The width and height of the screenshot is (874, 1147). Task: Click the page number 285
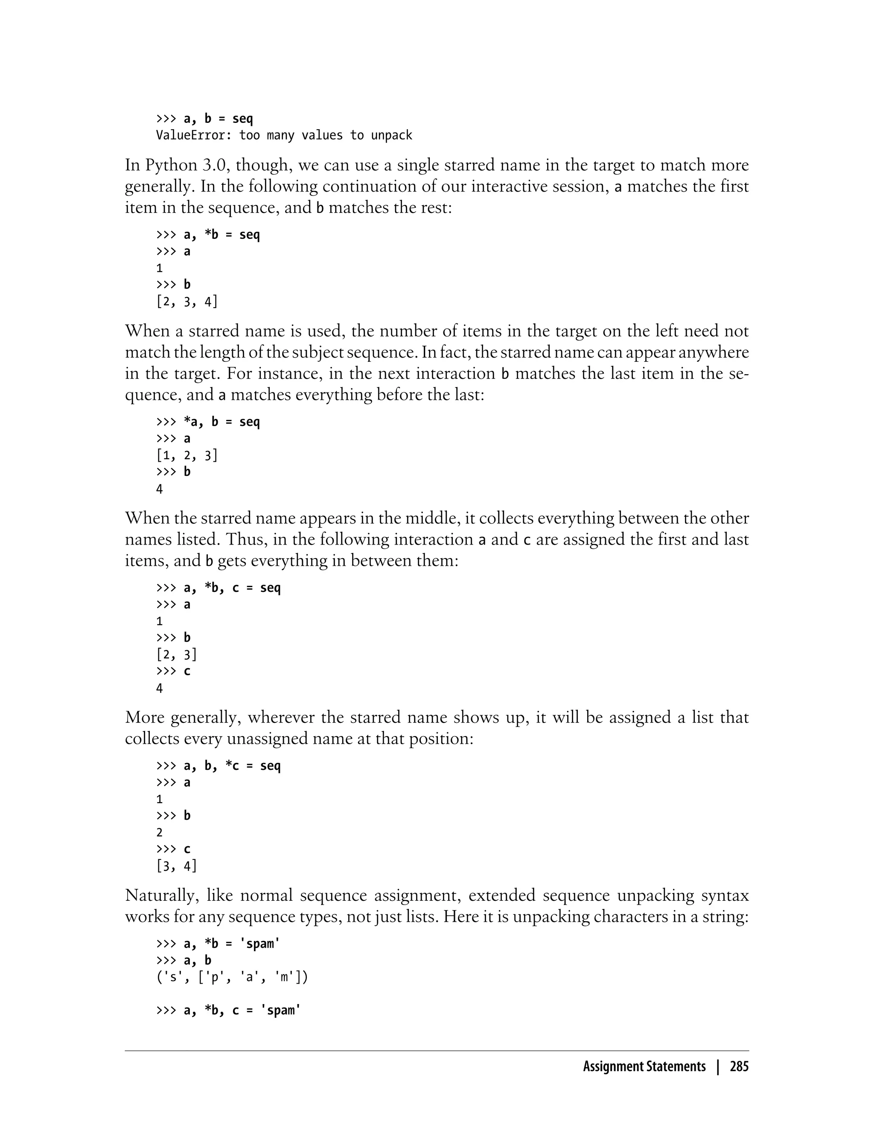(x=739, y=1066)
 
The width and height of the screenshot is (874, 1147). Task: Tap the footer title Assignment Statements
(x=644, y=1066)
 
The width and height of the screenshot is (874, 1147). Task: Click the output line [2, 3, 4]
(x=187, y=302)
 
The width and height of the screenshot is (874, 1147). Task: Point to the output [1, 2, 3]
(x=187, y=456)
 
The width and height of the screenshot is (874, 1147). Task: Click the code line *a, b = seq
(x=221, y=422)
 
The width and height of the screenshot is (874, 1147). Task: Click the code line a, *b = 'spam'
(x=232, y=943)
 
